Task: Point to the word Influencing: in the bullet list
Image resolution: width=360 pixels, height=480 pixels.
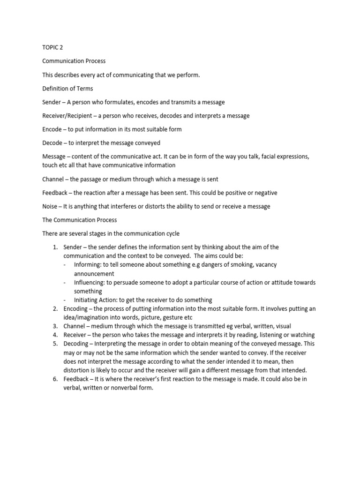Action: (90, 282)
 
